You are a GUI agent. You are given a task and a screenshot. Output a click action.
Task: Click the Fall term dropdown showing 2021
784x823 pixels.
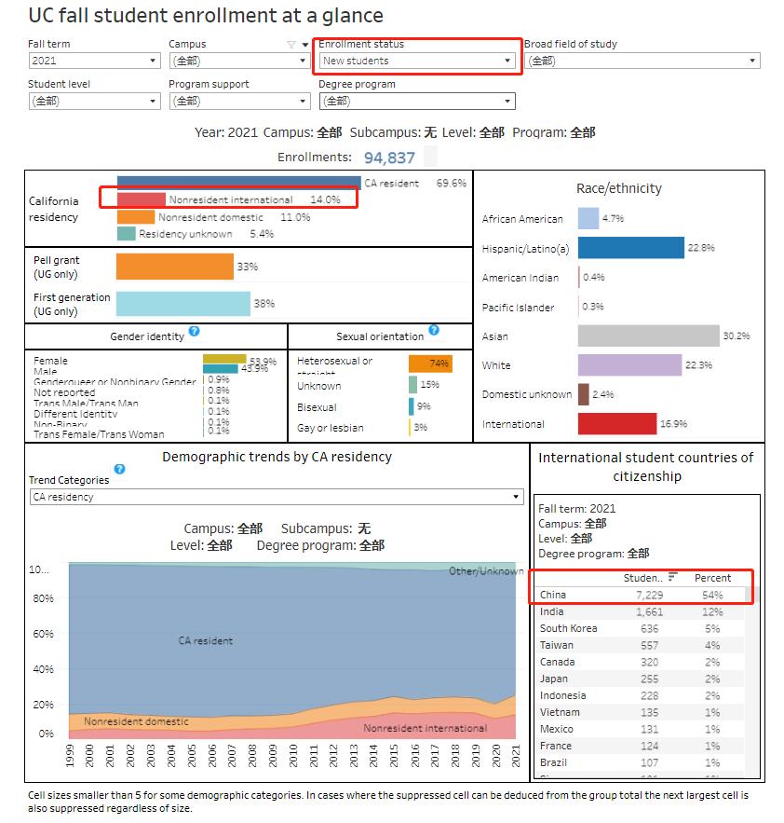click(x=94, y=61)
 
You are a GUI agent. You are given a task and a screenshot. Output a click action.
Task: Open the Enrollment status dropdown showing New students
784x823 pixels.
click(x=417, y=61)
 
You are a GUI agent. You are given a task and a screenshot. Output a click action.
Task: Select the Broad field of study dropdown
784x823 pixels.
click(x=642, y=61)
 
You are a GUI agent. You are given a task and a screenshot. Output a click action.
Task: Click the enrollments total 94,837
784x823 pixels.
click(x=389, y=158)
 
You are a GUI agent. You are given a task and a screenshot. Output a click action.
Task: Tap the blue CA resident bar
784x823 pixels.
click(x=238, y=183)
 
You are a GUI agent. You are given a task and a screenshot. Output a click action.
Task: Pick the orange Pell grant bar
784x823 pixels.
click(x=174, y=267)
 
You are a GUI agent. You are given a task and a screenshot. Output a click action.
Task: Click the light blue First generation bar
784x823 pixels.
click(x=182, y=304)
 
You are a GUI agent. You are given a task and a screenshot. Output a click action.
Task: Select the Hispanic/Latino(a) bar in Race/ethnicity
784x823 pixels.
click(x=630, y=248)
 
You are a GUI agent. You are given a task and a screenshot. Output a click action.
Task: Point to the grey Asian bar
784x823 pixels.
click(x=648, y=336)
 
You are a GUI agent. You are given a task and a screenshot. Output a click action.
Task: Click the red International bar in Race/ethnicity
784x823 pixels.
click(x=616, y=424)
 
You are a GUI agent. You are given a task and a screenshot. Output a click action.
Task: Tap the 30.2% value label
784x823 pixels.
click(x=736, y=336)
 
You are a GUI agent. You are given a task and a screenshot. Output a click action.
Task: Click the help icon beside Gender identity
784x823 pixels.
click(x=194, y=331)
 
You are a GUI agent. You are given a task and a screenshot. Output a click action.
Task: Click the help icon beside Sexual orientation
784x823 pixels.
click(x=433, y=331)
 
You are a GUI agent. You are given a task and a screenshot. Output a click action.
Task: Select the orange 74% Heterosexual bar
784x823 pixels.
click(x=430, y=363)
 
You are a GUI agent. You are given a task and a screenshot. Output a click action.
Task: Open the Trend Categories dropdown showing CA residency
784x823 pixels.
click(x=277, y=497)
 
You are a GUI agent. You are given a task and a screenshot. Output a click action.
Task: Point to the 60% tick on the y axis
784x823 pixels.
click(x=44, y=634)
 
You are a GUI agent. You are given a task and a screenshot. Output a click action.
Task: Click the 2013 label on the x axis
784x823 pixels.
click(x=354, y=755)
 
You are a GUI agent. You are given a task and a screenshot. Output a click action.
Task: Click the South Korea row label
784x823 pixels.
click(x=568, y=628)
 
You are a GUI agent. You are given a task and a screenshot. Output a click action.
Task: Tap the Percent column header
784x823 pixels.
click(x=712, y=578)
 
